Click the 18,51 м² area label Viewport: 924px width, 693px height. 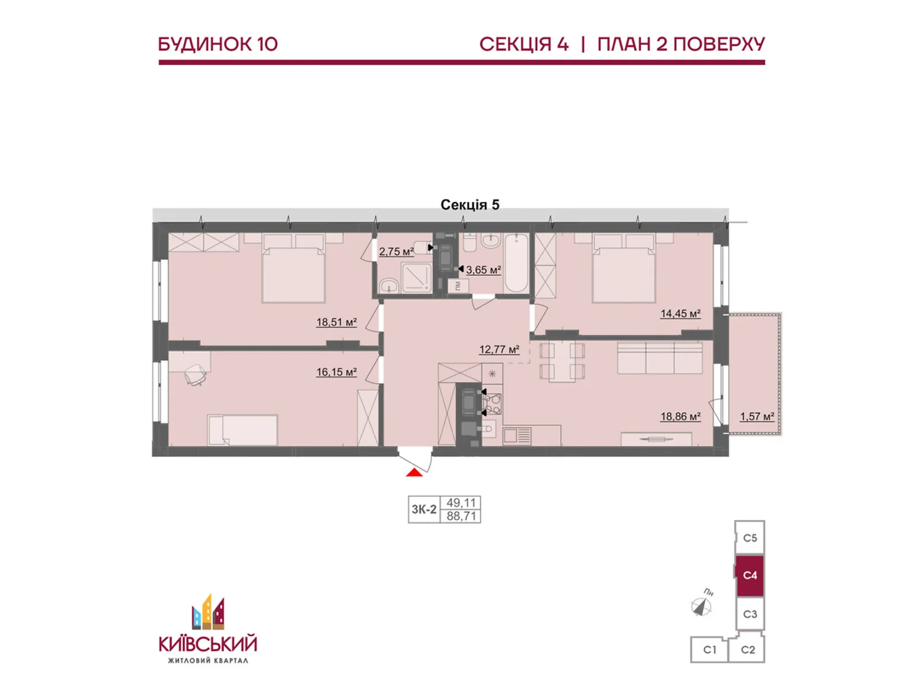(336, 322)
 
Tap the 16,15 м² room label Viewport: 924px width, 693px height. (336, 372)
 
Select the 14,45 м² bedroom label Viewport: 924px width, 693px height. (680, 314)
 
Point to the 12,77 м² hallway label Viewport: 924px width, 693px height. (499, 349)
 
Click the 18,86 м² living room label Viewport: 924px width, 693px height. (680, 416)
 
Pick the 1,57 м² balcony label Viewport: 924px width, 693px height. (757, 416)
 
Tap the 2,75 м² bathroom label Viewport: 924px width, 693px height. (396, 252)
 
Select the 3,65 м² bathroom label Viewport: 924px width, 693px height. (483, 270)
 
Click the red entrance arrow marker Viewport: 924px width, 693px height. (414, 472)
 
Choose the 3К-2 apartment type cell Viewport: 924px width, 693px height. (424, 509)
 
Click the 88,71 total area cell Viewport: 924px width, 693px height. (461, 516)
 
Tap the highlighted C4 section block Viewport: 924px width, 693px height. (750, 575)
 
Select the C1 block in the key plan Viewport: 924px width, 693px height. (709, 650)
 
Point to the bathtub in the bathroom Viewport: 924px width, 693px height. (516, 263)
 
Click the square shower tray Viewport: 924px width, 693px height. (416, 278)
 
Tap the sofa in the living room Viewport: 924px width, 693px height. (660, 358)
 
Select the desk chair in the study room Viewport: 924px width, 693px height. (195, 375)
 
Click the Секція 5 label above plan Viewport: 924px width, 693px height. (470, 205)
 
